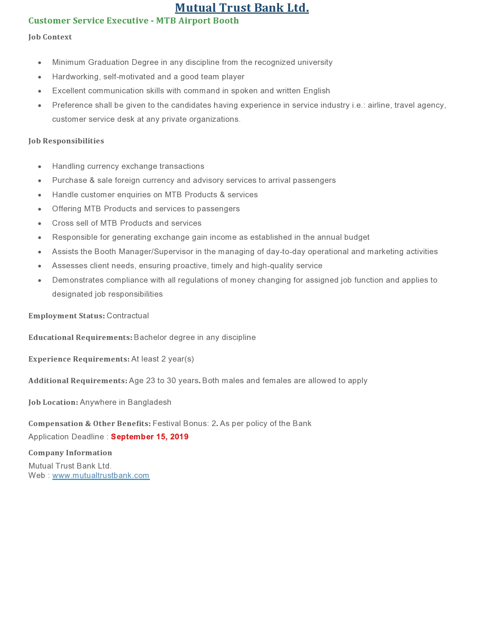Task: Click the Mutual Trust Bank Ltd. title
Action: [242, 8]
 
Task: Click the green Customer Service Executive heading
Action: [134, 21]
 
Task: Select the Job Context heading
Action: [50, 37]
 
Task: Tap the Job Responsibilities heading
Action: [66, 141]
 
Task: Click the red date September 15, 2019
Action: [150, 437]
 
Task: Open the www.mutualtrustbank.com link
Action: [101, 476]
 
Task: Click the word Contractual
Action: [128, 316]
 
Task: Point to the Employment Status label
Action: [66, 316]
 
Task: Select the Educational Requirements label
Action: [80, 338]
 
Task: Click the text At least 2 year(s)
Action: [162, 359]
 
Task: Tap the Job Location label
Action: [53, 403]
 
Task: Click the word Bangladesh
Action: [149, 403]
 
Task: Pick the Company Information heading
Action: [70, 453]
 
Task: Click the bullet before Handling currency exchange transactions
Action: [40, 167]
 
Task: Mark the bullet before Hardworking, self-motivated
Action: [40, 77]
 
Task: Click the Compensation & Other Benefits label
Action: [89, 424]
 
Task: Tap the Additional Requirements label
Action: [78, 381]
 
